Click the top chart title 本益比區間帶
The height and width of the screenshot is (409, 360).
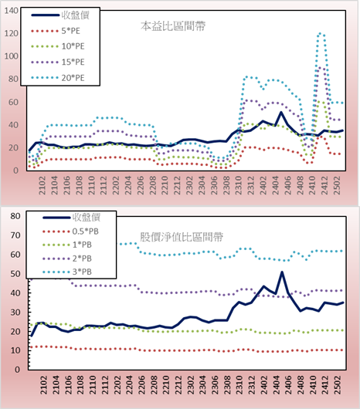[x=173, y=26]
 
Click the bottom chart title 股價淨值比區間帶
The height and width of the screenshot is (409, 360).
[x=182, y=237]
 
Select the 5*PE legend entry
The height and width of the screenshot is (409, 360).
[x=56, y=31]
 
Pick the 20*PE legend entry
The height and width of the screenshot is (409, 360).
[x=58, y=78]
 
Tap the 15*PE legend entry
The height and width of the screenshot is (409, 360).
[x=58, y=62]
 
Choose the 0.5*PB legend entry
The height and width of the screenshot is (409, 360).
[x=70, y=232]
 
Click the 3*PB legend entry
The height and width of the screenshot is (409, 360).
[x=67, y=272]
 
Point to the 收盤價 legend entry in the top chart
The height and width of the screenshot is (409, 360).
[x=60, y=15]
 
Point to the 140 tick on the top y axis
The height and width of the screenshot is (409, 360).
[x=12, y=11]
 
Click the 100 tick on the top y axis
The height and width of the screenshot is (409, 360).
[x=12, y=56]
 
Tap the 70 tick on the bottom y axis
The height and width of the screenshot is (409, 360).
[x=15, y=235]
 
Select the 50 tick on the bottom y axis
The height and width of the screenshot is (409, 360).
[x=15, y=274]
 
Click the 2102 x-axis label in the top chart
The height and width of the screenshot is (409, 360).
[x=42, y=185]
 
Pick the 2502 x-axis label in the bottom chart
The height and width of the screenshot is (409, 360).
[x=338, y=385]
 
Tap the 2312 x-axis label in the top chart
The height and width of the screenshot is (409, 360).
[x=251, y=185]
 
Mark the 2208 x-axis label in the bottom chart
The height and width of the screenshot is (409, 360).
[x=153, y=385]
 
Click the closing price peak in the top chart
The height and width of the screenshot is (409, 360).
[x=281, y=113]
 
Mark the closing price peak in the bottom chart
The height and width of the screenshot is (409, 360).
[x=282, y=272]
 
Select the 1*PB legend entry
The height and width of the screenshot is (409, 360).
[x=67, y=245]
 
